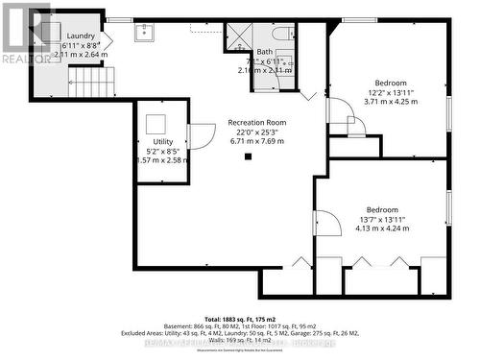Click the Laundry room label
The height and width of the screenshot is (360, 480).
(80, 36)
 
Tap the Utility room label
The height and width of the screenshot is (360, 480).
(163, 141)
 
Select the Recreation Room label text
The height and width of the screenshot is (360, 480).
(256, 123)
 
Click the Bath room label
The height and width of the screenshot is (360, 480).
(265, 53)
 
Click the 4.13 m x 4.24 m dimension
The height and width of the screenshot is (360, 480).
(381, 229)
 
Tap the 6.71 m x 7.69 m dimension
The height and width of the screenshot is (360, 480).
(256, 141)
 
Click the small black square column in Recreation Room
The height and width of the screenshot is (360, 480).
(248, 156)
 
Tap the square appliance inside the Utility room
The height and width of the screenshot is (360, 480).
(155, 123)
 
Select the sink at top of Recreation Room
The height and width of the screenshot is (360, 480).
(144, 34)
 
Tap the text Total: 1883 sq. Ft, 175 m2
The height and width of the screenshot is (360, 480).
(239, 319)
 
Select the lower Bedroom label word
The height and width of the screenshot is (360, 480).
(381, 209)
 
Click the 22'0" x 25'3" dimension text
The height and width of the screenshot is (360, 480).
(256, 132)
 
